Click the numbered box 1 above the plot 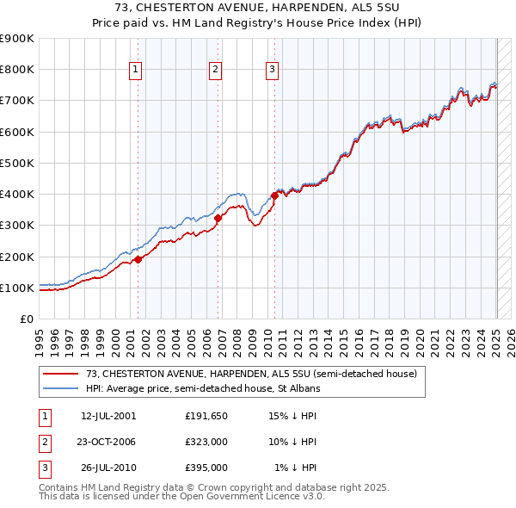point(137,71)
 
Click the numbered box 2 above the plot point(215,71)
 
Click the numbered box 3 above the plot point(272,71)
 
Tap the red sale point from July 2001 point(138,259)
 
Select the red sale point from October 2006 point(218,218)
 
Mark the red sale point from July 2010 point(275,195)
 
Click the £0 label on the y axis point(26,319)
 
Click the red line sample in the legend point(60,374)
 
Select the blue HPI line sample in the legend point(60,388)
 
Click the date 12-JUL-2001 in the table point(108,415)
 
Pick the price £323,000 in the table point(206,442)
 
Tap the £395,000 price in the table point(206,468)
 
